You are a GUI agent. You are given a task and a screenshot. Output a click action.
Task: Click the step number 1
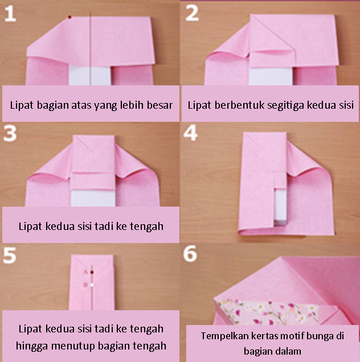coord(12,13)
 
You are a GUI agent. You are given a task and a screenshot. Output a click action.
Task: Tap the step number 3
coord(12,135)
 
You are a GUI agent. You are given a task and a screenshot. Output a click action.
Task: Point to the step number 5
coord(12,256)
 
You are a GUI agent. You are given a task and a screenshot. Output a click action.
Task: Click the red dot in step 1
coord(69,18)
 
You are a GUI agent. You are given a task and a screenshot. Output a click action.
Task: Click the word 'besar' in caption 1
coord(159,105)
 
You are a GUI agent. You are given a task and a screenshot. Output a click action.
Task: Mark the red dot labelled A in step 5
coord(92,272)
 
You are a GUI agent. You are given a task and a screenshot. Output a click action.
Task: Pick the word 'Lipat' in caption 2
coord(200,105)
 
